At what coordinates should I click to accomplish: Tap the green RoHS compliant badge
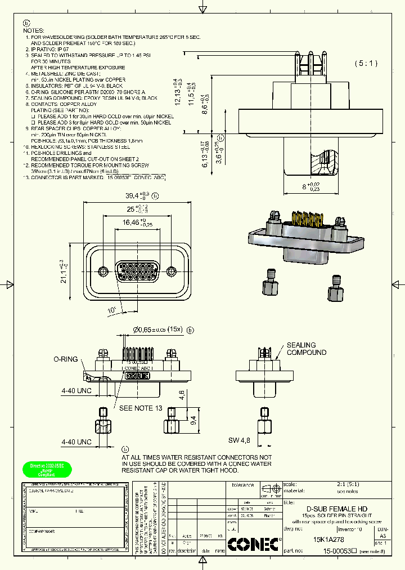tap(47, 470)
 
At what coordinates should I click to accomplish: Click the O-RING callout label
tap(65, 359)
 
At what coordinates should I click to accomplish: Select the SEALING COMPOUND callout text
tap(306, 349)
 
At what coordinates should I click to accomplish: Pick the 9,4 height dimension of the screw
tap(192, 419)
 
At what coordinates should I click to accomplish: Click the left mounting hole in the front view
tap(102, 269)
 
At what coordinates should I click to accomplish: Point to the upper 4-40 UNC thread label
tap(76, 390)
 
